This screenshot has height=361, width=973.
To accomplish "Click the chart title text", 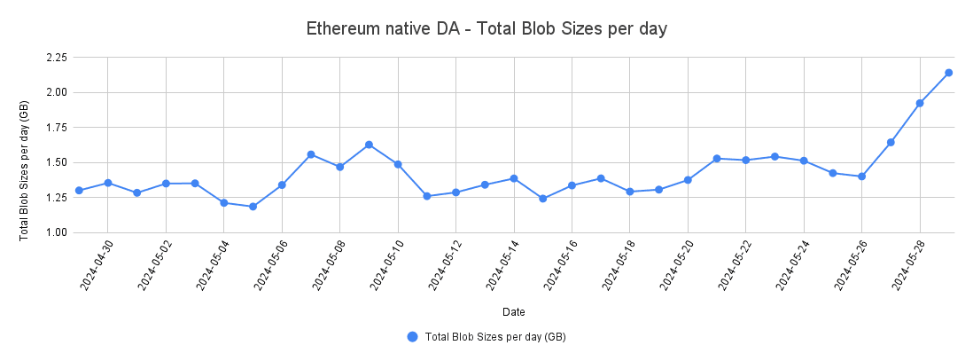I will (486, 28).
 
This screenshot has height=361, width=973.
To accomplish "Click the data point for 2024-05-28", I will (920, 103).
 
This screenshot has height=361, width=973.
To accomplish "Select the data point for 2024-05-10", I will (398, 164).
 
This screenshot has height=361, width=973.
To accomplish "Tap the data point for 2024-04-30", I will (107, 183).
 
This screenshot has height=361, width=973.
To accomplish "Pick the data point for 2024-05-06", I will (282, 184).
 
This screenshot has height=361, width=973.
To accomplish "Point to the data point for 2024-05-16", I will (572, 185).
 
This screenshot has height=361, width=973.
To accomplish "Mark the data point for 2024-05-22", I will (745, 160).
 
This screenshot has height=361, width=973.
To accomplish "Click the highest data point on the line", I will (948, 73).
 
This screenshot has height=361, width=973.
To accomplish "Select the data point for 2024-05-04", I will (224, 203).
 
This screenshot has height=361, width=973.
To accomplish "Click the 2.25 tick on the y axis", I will (55, 58).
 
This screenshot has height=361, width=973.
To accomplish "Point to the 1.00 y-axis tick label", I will (55, 232).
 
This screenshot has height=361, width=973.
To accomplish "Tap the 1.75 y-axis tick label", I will (55, 128).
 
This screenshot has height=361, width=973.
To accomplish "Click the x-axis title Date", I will (513, 312).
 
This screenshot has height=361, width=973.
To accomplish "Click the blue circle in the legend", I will (412, 337).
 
